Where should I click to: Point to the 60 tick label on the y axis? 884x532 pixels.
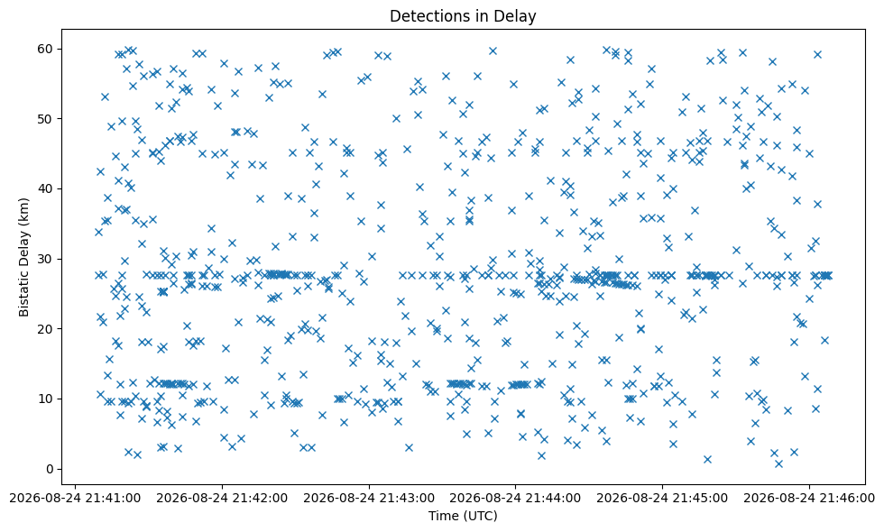tap(46, 49)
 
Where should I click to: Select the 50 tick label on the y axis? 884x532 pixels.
tap(46, 119)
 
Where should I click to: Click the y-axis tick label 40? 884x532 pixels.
tap(46, 188)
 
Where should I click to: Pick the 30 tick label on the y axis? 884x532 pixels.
tap(46, 260)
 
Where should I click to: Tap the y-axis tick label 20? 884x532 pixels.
tap(46, 329)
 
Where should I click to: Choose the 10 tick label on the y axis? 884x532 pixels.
tap(46, 399)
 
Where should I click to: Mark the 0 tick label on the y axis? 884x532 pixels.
tap(51, 469)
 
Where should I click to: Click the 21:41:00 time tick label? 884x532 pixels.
tap(76, 498)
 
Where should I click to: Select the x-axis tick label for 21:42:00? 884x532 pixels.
tap(222, 498)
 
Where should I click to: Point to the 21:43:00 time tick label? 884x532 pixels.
tap(369, 498)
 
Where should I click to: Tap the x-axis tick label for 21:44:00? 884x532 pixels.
tap(515, 498)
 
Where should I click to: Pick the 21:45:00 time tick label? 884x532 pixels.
tap(662, 498)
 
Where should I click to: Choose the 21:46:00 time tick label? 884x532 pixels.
tap(809, 498)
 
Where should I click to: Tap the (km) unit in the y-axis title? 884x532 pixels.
tap(23, 213)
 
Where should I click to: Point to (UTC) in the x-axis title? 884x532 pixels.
tap(480, 516)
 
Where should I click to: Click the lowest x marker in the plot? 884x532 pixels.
tap(778, 463)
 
